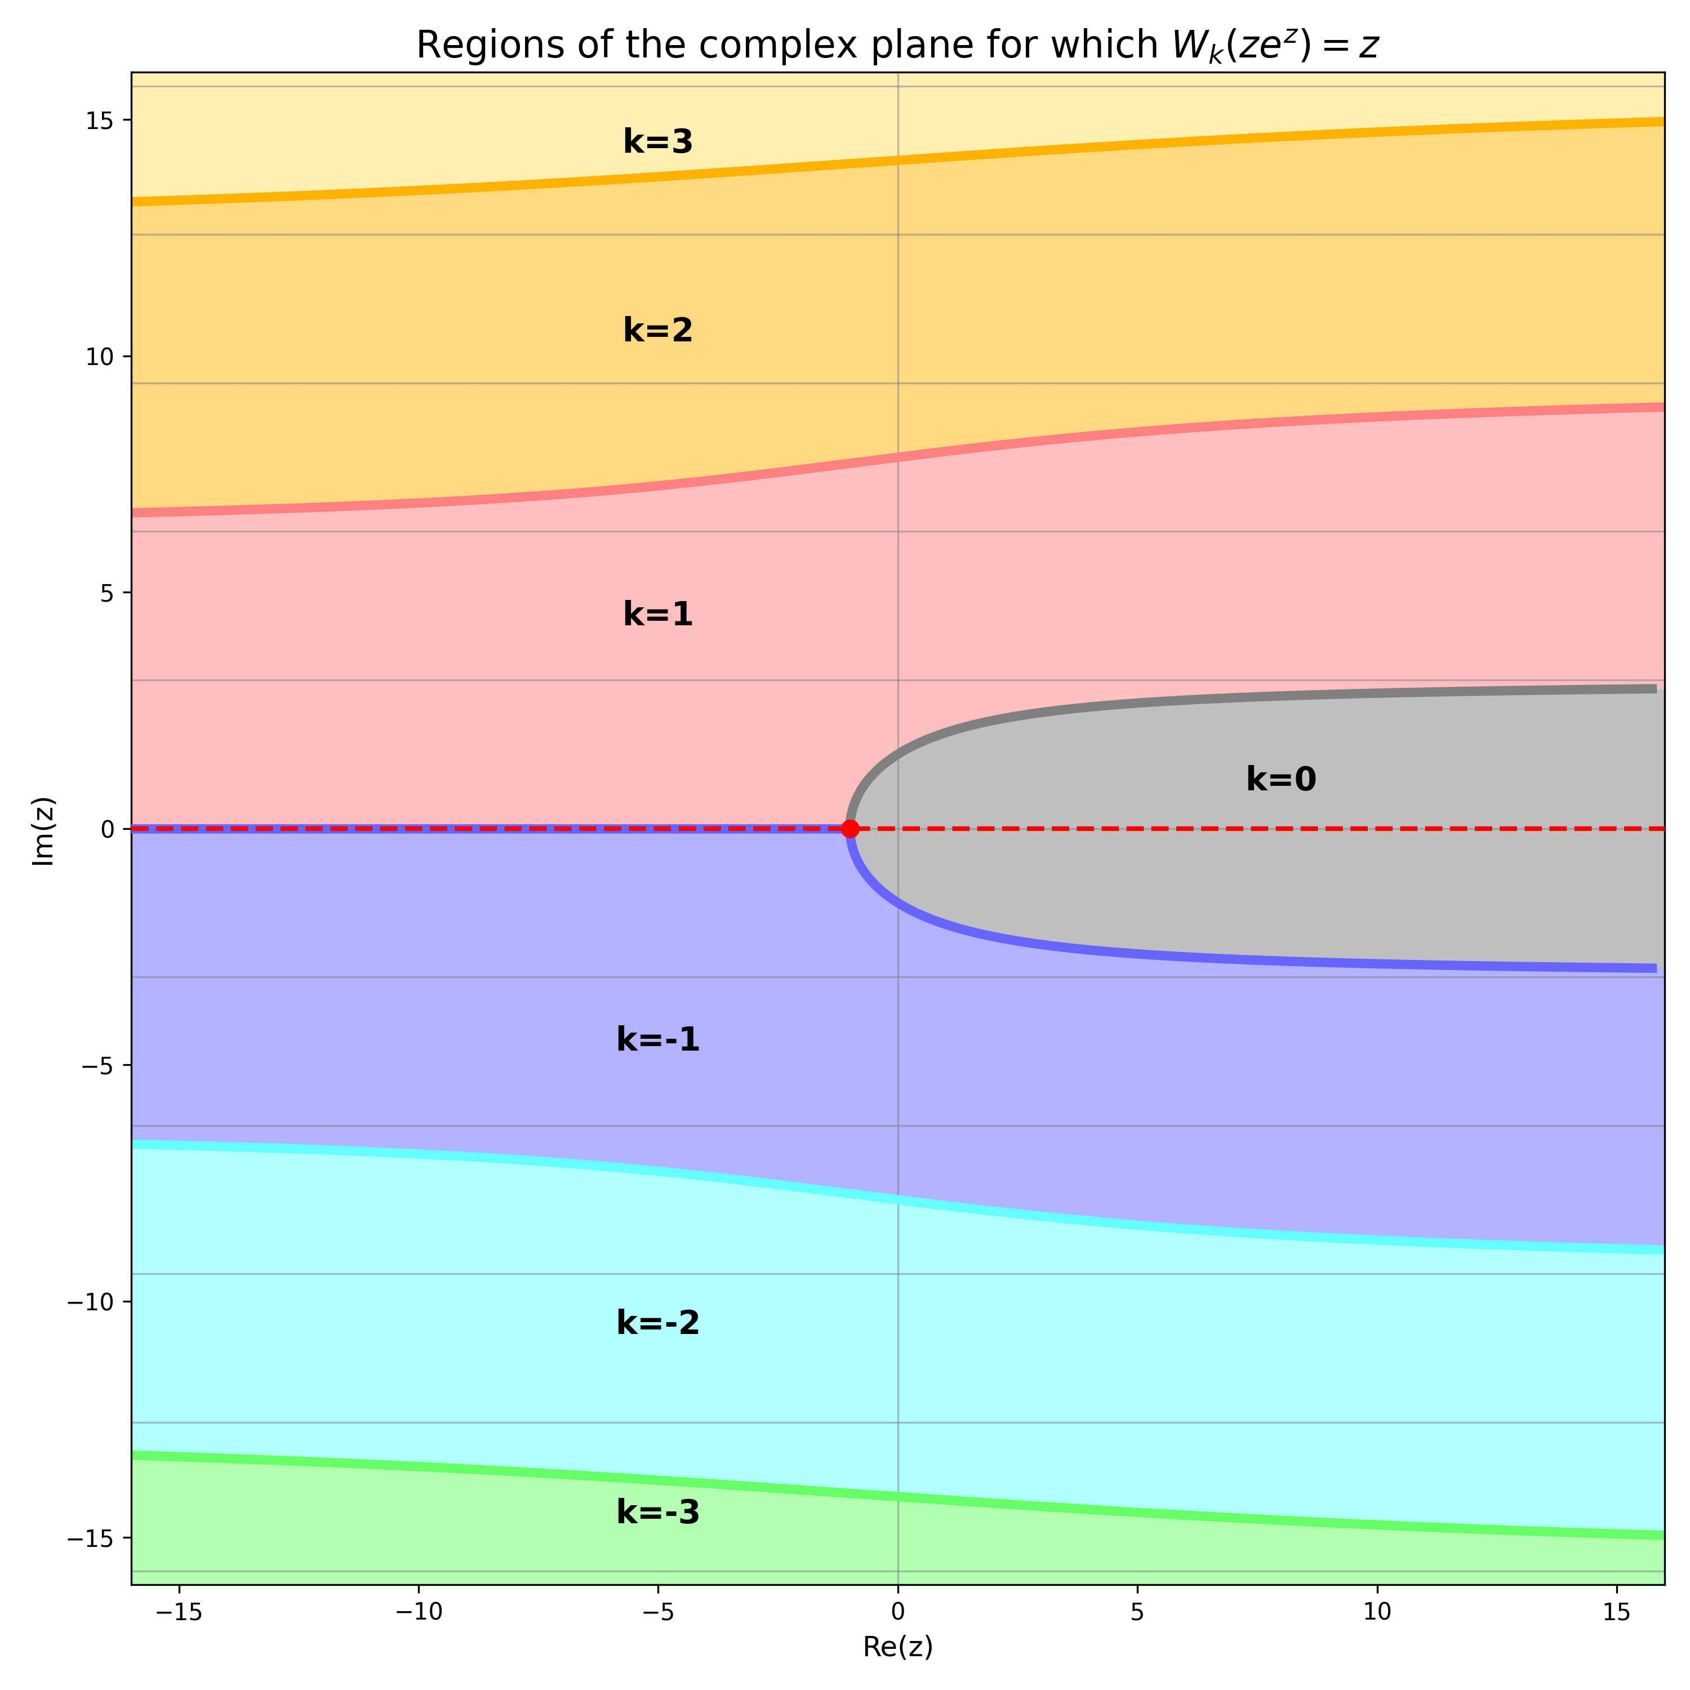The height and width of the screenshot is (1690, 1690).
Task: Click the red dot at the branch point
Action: click(850, 828)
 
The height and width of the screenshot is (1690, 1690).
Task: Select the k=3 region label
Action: click(658, 142)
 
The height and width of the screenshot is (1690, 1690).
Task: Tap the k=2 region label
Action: click(658, 331)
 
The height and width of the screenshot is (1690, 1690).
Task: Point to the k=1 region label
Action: click(658, 615)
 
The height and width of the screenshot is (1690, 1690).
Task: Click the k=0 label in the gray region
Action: click(1280, 780)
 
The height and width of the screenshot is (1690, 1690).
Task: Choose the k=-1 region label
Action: click(658, 1039)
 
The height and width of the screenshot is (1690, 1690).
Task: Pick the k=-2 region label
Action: click(658, 1323)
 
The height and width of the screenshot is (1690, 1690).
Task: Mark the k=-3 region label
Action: click(658, 1513)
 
